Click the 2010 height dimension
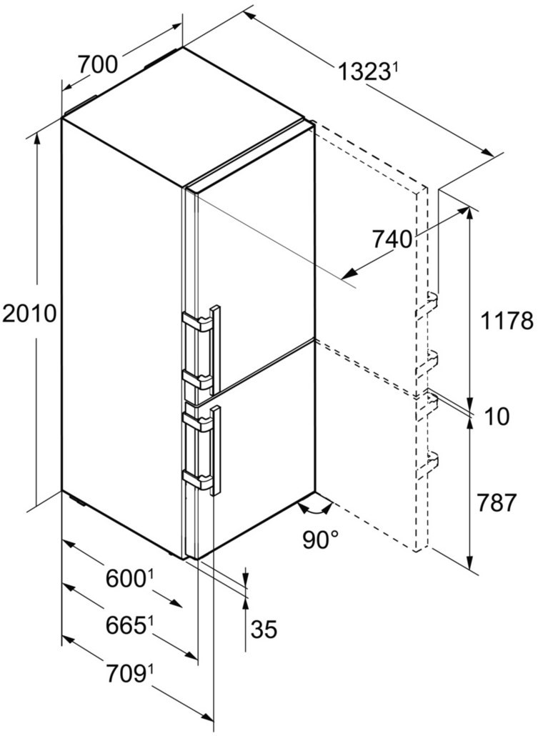point(29,314)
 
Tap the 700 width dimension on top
point(97,64)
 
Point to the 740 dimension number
point(392,239)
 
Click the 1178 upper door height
point(507,321)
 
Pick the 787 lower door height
point(497,503)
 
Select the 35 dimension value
point(264,629)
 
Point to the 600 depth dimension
point(124,578)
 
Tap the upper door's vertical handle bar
point(216,350)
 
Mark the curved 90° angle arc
point(316,509)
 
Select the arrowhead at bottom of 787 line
point(470,562)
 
